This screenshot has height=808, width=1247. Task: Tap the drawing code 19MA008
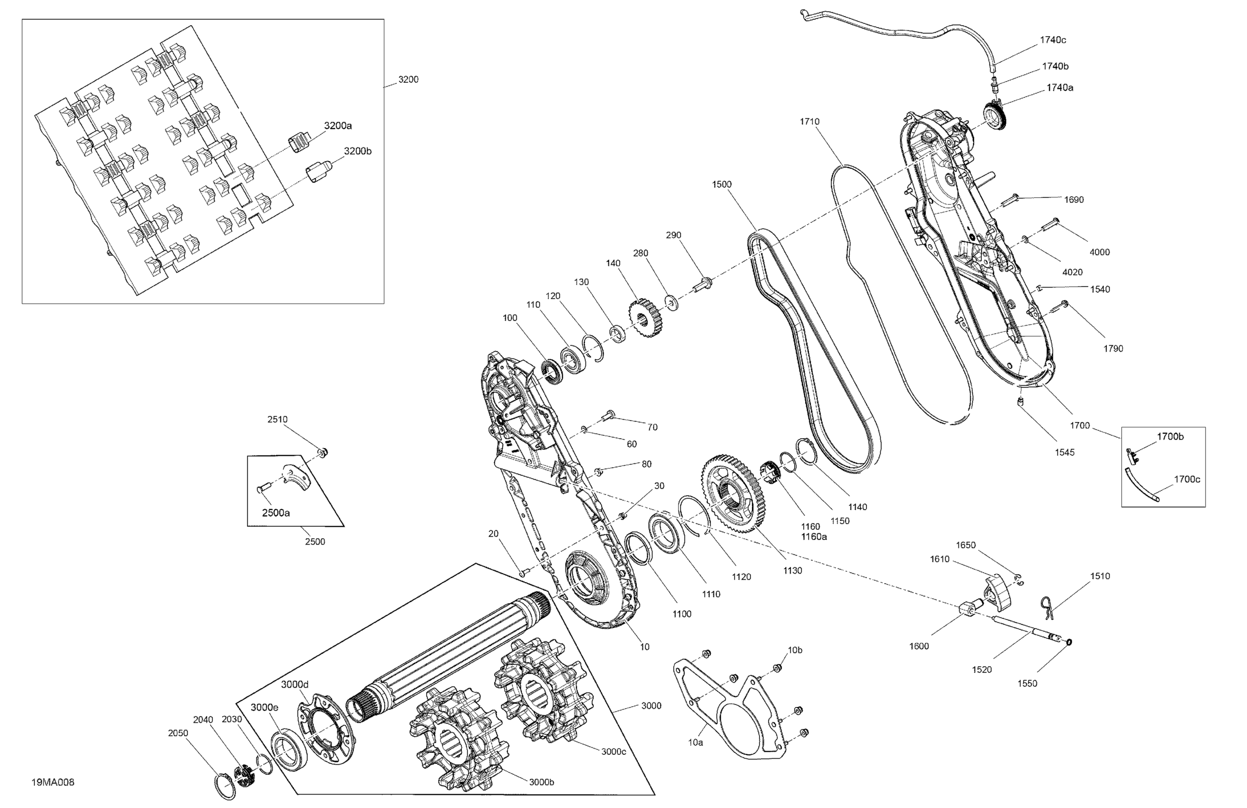(x=53, y=782)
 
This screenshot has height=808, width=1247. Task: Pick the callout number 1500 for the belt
(x=721, y=184)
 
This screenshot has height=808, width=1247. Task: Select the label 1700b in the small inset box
(x=1170, y=437)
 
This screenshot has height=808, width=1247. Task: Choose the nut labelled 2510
(x=323, y=452)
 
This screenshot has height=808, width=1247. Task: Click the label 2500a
(x=275, y=513)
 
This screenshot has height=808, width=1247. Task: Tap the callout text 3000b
(x=541, y=782)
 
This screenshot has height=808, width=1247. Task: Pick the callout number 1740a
(x=1060, y=88)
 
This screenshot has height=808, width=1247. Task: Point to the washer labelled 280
(x=671, y=303)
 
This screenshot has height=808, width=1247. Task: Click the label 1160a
(x=814, y=537)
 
